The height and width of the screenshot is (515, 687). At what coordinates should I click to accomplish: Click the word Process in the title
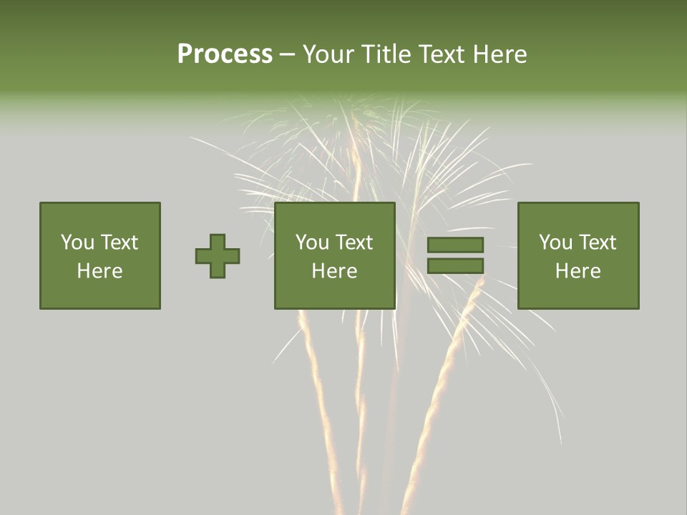pos(225,54)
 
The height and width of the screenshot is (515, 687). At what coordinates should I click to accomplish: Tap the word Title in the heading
pos(386,54)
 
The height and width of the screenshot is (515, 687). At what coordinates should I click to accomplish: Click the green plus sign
pos(218,256)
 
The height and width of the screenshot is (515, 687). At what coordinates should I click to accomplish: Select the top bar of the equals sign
pos(455,245)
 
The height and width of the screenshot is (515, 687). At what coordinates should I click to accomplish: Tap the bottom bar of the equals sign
pos(455,266)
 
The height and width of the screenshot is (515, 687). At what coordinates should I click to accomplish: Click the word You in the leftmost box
pos(77,242)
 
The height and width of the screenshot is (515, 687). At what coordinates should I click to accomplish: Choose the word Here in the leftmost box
pos(99,271)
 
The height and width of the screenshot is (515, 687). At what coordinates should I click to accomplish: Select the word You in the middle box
pos(312,242)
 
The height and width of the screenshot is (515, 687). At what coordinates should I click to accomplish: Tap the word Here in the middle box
pos(334,271)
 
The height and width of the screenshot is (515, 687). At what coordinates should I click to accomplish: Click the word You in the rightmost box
pos(555,242)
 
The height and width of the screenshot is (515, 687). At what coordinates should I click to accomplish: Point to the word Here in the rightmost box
pos(578,271)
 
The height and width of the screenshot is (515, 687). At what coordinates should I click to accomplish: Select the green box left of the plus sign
pos(99,293)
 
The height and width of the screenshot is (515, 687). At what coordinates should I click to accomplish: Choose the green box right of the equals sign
pos(578,293)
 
